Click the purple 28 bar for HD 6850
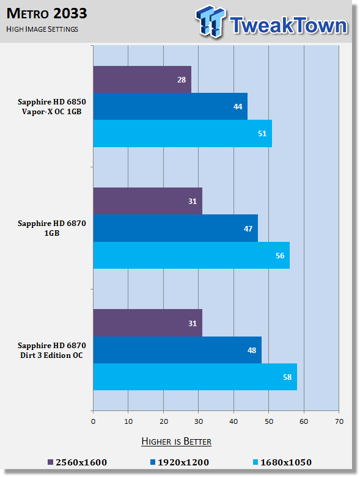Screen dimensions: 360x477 [x=142, y=79]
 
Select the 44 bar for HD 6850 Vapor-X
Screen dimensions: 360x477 [x=171, y=106]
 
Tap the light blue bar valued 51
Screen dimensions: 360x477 [x=183, y=133]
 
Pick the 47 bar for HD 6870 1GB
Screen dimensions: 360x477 [x=175, y=228]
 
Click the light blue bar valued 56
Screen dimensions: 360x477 [x=191, y=255]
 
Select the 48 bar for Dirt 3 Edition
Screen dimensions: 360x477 [x=177, y=350]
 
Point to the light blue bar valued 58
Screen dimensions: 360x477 [x=195, y=377]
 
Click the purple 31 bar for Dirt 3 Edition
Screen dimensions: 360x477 [x=147, y=322]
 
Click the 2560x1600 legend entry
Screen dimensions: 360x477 [x=78, y=462]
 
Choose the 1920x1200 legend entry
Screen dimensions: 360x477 [x=180, y=462]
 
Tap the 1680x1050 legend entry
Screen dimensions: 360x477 [x=282, y=462]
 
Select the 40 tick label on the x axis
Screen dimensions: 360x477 [x=233, y=421]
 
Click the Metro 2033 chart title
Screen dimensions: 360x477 [x=46, y=13]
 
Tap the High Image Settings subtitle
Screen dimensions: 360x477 [x=42, y=29]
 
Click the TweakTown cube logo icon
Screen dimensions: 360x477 [x=211, y=21]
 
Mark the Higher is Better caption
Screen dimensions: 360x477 [x=177, y=442]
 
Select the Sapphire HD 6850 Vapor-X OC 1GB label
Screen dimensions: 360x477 [x=52, y=106]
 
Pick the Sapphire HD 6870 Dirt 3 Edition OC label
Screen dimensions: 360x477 [x=52, y=350]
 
